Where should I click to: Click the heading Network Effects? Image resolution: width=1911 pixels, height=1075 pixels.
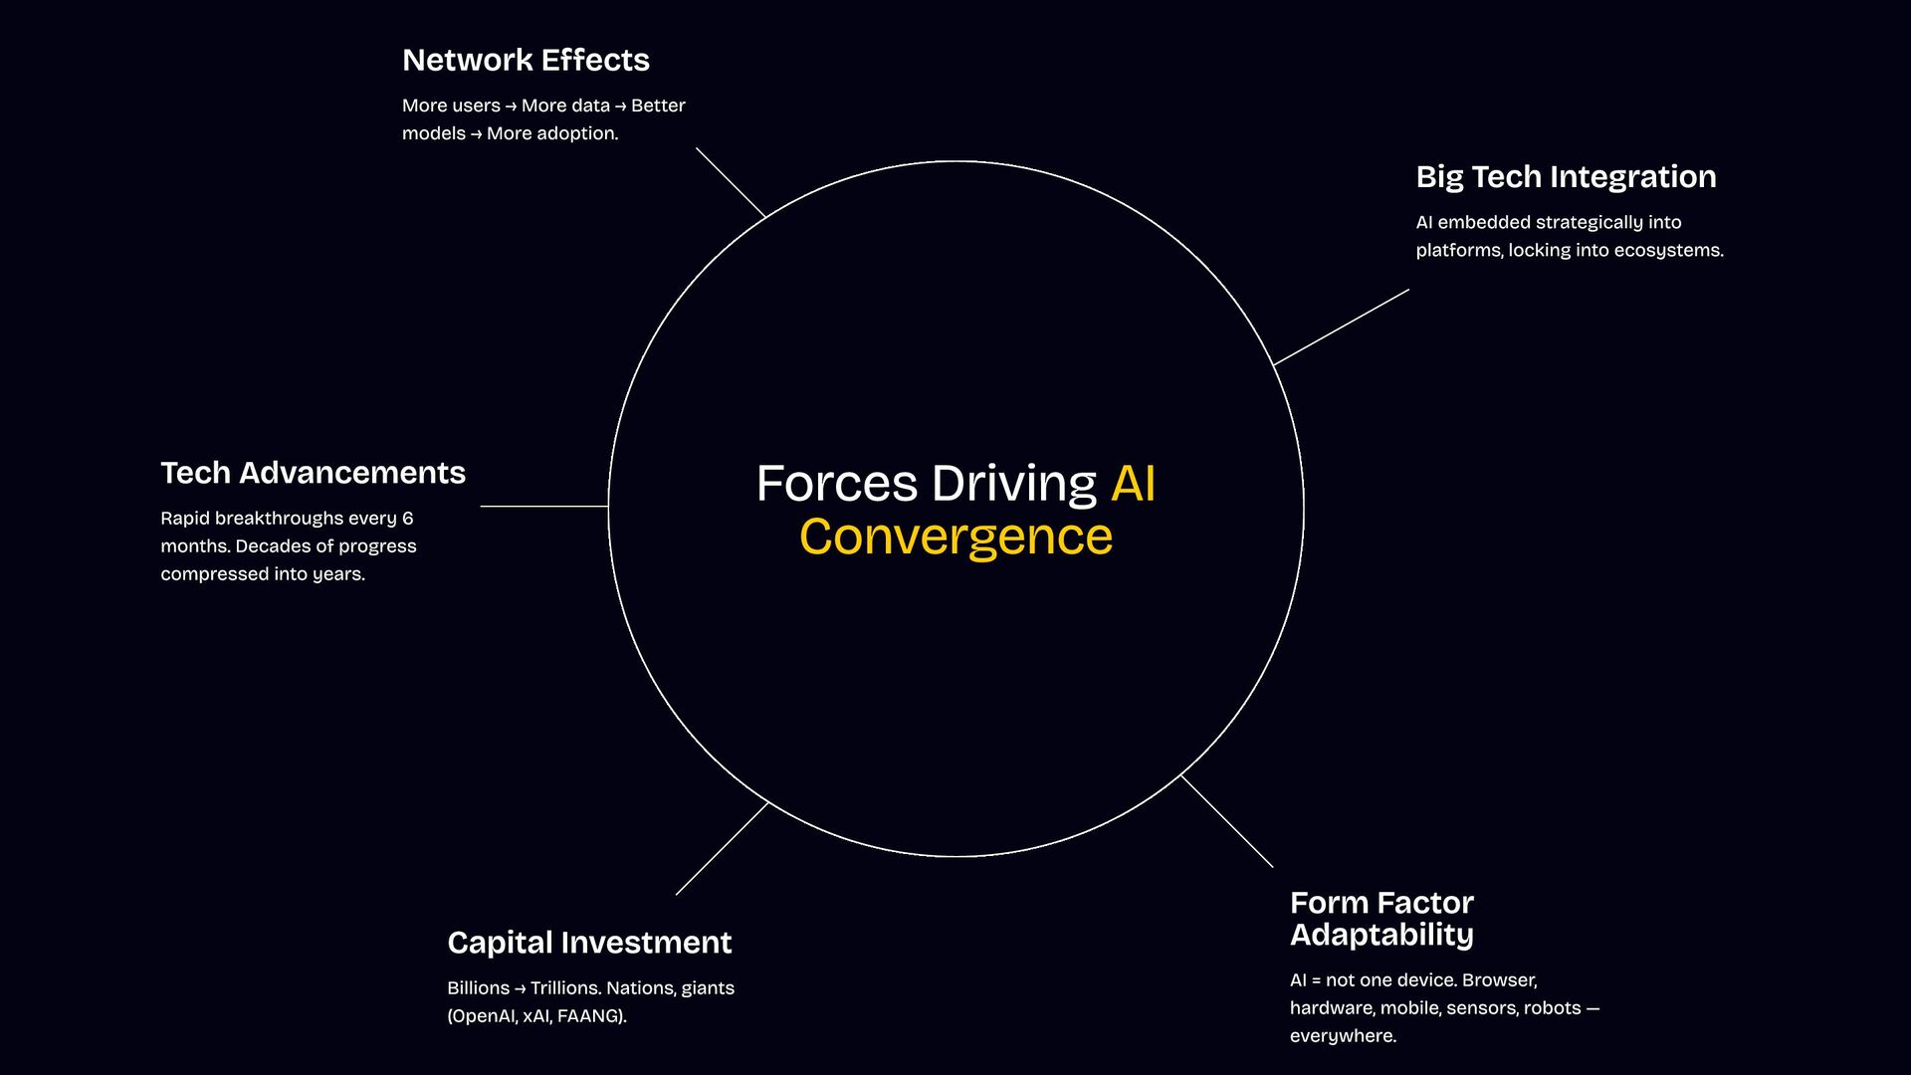[x=526, y=61]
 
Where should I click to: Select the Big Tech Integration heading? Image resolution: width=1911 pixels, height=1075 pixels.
[x=1566, y=177]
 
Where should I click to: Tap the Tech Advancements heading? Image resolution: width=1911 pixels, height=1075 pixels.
[x=313, y=473]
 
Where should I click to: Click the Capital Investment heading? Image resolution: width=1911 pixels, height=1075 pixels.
[x=589, y=943]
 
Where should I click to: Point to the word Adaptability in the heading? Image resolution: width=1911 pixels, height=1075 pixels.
[x=1381, y=936]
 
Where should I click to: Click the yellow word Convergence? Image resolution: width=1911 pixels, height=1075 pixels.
[x=955, y=537]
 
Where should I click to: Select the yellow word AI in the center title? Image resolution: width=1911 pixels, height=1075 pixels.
[x=1133, y=484]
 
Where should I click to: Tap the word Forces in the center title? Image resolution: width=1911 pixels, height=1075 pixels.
[x=836, y=484]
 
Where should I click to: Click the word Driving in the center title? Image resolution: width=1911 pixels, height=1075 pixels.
[x=1013, y=484]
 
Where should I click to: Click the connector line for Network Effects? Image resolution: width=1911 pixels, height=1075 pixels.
[x=731, y=182]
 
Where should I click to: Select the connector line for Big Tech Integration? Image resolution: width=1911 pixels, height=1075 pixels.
[x=1341, y=327]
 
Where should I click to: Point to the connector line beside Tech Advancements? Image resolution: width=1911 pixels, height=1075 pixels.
[x=543, y=507]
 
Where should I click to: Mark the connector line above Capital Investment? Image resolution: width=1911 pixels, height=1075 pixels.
[x=723, y=848]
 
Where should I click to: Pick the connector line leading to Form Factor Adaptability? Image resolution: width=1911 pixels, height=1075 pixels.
[x=1226, y=821]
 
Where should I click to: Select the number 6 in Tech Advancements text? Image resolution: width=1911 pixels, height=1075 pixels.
[x=407, y=519]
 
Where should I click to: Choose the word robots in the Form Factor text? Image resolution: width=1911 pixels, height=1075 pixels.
[x=1552, y=1008]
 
